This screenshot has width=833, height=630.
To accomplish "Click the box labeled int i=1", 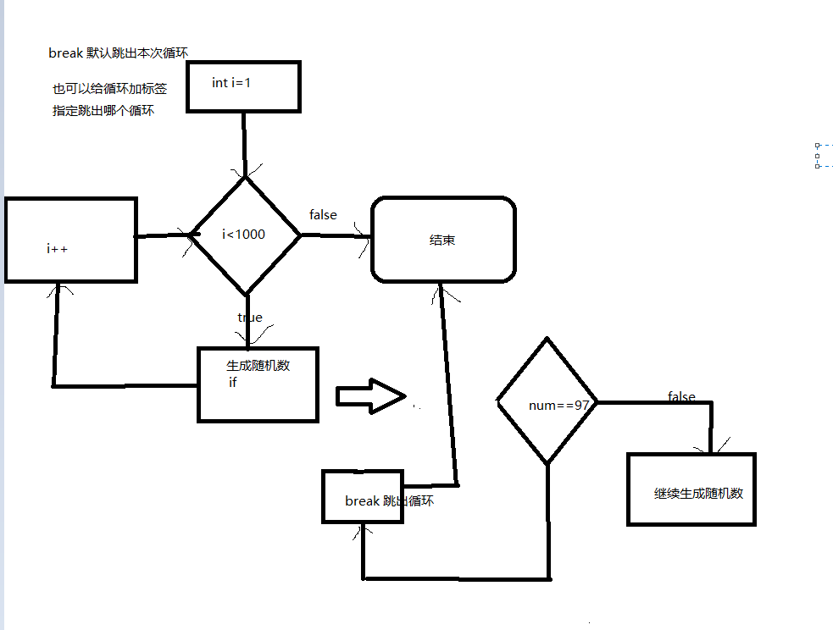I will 243,86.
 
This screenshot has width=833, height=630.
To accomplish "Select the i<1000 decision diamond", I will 246,235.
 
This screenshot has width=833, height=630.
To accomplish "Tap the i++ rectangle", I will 70,240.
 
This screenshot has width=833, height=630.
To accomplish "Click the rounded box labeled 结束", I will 443,240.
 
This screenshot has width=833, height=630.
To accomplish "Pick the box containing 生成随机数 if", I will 258,384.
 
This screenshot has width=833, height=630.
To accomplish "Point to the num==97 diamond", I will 547,401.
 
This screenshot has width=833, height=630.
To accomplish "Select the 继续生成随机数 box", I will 691,489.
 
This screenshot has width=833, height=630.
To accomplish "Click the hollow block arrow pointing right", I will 370,396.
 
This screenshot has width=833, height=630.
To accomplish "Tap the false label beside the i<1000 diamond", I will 323,215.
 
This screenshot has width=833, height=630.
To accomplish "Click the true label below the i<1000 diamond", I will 250,318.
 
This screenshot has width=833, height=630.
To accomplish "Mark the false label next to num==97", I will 681,396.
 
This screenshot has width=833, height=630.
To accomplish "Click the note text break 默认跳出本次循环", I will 118,53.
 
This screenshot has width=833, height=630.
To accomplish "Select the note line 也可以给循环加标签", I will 109,88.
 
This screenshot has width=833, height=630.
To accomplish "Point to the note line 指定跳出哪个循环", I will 103,110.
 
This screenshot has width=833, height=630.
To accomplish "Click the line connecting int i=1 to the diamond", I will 244,142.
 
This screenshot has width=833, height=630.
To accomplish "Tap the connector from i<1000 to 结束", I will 335,235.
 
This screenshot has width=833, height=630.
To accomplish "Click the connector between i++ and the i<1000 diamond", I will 163,235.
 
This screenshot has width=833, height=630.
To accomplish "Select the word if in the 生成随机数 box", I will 233,383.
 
